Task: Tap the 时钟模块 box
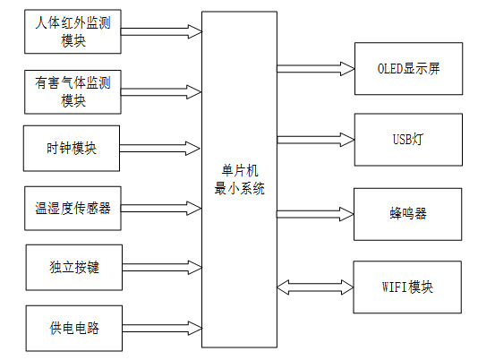(x=71, y=149)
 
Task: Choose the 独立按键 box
(x=71, y=268)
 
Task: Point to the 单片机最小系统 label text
(x=239, y=180)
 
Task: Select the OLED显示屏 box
(x=409, y=67)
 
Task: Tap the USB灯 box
(x=409, y=139)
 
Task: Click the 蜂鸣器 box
(x=409, y=215)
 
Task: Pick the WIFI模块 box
(x=409, y=287)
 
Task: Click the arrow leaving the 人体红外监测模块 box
(x=161, y=31)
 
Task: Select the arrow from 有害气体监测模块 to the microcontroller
(x=161, y=90)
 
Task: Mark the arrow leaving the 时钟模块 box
(x=161, y=148)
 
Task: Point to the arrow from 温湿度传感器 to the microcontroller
(x=161, y=208)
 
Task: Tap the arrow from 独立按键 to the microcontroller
(x=161, y=266)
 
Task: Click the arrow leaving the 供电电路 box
(x=161, y=325)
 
